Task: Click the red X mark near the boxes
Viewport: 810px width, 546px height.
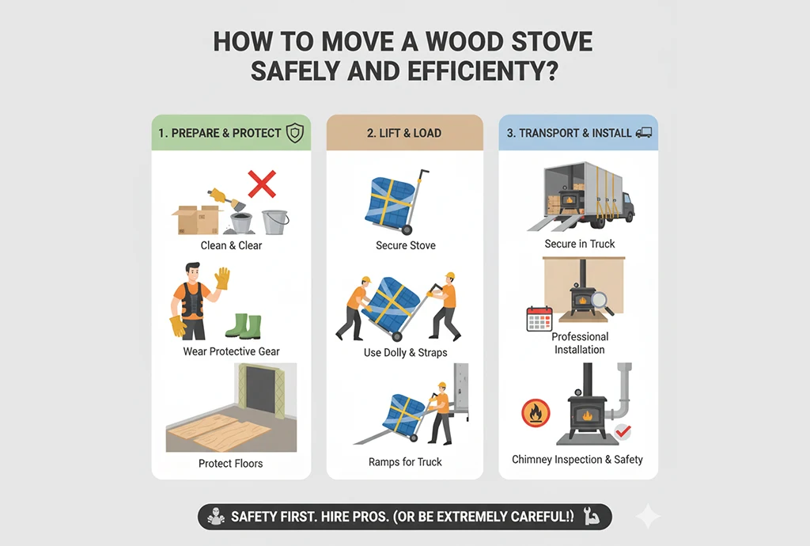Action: pyautogui.click(x=261, y=185)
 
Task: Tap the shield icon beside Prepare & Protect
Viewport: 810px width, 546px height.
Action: pyautogui.click(x=294, y=133)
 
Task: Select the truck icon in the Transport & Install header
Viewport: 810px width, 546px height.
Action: pyautogui.click(x=644, y=133)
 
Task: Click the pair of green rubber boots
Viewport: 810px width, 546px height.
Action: pyautogui.click(x=243, y=325)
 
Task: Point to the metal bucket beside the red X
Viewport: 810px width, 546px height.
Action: pyautogui.click(x=274, y=222)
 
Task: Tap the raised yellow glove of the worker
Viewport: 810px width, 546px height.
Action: pyautogui.click(x=222, y=278)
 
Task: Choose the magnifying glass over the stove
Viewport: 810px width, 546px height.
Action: pyautogui.click(x=603, y=301)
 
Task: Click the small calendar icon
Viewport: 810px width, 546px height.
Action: pyautogui.click(x=539, y=320)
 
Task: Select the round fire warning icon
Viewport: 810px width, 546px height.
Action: pyautogui.click(x=536, y=413)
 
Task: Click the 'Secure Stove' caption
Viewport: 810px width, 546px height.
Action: pyautogui.click(x=405, y=245)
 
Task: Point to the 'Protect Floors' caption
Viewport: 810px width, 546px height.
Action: pyautogui.click(x=231, y=463)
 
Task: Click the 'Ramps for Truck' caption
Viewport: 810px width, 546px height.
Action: pyautogui.click(x=405, y=461)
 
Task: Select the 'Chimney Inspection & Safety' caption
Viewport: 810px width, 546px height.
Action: pyautogui.click(x=577, y=460)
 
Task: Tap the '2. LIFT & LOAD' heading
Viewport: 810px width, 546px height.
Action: pyautogui.click(x=404, y=133)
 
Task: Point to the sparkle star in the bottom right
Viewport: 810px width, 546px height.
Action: pyautogui.click(x=649, y=517)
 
